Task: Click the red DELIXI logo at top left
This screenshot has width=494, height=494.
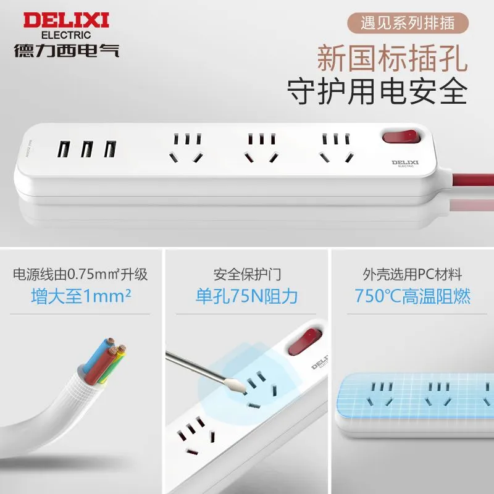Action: coord(66,20)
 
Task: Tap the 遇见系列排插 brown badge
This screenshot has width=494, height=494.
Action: coord(408,23)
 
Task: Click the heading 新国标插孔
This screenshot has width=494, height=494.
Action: coord(392,59)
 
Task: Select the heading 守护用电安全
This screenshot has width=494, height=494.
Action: coord(377,91)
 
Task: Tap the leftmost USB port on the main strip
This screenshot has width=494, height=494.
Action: coord(64,149)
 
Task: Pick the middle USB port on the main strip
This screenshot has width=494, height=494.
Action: coord(87,149)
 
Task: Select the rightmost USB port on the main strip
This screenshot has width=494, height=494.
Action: coord(111,149)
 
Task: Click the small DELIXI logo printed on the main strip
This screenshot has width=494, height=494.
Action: coord(405,163)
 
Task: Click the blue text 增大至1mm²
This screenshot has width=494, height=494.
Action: coord(81,296)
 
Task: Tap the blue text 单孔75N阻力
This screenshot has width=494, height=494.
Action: coord(246,296)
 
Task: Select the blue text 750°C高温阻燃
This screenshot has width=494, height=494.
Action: coord(412,296)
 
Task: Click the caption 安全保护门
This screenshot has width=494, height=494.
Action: coord(247,274)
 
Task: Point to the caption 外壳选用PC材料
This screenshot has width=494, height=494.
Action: coord(412,274)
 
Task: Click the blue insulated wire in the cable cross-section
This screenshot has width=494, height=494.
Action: coord(97,354)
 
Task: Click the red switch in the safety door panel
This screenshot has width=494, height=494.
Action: coord(304,341)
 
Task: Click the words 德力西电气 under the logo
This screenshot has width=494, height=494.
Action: coord(67,51)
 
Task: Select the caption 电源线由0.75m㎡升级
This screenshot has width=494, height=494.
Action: coord(80,274)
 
